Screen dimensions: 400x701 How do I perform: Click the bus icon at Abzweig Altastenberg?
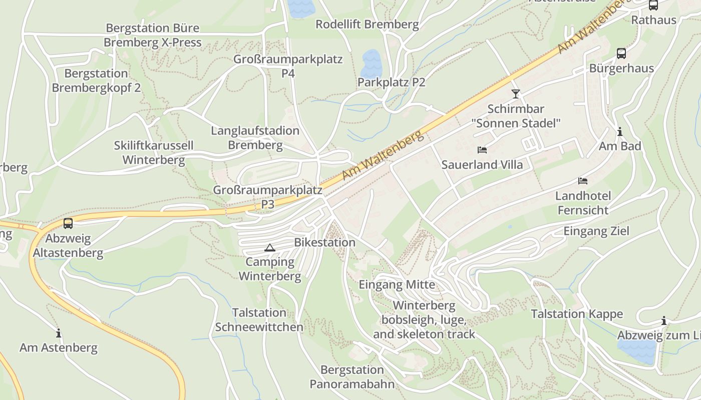tap(68, 223)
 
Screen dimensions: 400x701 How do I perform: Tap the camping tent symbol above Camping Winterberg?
tap(270, 247)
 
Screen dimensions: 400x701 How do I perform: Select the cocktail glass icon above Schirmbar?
tap(516, 93)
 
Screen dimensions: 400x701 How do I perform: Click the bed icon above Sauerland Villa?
tap(482, 149)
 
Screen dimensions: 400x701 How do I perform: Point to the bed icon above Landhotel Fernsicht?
tap(583, 180)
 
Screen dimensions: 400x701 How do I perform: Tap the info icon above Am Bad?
tap(620, 131)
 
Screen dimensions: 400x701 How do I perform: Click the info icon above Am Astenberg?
tap(59, 333)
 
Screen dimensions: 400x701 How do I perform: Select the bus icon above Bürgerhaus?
tap(621, 53)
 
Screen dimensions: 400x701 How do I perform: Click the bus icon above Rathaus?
tap(653, 5)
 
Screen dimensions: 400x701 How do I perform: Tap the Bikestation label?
tap(324, 242)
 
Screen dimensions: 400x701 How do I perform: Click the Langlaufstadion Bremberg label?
tap(255, 138)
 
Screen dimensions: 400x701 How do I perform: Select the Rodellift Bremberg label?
tap(367, 24)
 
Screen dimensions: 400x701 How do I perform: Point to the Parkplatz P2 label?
tap(392, 82)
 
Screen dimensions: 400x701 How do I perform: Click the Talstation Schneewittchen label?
tap(259, 320)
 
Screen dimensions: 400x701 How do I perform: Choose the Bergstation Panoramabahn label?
tap(352, 377)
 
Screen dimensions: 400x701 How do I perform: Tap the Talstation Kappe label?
tap(577, 314)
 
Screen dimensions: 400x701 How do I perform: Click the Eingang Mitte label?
tap(397, 285)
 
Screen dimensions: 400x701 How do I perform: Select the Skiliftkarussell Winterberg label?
tap(154, 153)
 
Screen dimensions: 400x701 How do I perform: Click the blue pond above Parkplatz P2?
tap(372, 63)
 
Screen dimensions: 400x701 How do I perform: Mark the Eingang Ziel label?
tap(596, 231)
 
